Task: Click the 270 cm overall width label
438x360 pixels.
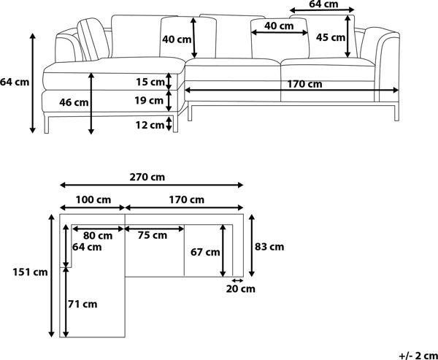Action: pos(147,177)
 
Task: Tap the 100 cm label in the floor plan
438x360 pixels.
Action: pos(93,200)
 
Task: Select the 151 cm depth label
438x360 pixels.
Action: pos(30,272)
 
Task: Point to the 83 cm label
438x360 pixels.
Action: pos(269,247)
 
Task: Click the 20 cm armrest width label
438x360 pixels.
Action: pos(240,288)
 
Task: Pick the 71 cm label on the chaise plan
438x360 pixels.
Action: pos(82,304)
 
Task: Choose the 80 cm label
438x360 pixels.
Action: pos(98,236)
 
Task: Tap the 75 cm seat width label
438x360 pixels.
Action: pos(153,235)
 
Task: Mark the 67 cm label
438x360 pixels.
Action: pos(205,252)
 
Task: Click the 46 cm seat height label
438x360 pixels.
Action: pos(74,102)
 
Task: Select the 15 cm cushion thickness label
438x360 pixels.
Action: pos(150,83)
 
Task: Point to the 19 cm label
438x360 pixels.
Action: pos(149,100)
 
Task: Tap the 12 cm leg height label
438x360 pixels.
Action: pos(150,125)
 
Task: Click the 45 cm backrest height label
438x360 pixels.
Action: pos(331,37)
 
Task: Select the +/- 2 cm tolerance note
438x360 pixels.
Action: pos(418,356)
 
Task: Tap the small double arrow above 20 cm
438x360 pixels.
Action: pos(238,280)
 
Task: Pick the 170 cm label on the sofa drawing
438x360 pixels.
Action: pos(304,84)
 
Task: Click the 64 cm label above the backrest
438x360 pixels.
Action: pos(323,4)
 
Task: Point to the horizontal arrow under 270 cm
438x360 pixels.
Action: pos(152,185)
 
